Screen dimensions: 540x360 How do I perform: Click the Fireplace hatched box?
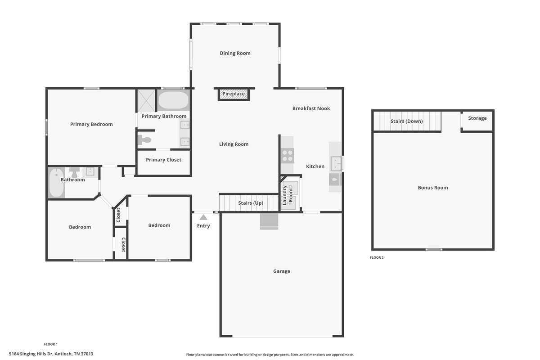pos(234,94)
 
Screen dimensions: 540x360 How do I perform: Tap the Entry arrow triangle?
pos(203,217)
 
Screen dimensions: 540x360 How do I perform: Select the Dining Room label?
pos(235,53)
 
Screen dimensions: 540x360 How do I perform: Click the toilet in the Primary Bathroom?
pos(144,139)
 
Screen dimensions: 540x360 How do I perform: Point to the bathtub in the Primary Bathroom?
pos(173,100)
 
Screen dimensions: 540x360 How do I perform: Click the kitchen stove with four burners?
pos(288,156)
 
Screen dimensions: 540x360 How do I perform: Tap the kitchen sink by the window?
pos(336,164)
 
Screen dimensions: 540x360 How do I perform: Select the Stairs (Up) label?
pos(251,203)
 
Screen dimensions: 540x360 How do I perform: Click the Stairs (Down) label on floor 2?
pos(407,121)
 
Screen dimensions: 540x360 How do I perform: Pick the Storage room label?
pos(477,118)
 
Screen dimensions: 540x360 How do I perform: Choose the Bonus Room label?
pos(433,188)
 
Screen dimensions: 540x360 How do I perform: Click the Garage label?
pos(282,271)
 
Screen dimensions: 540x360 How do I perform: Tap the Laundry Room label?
pos(288,195)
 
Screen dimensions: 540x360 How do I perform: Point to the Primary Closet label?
pos(163,160)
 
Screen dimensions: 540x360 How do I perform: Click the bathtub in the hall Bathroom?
pos(56,183)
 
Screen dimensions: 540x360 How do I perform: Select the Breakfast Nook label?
pos(311,108)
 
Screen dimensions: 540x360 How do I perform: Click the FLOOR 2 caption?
pos(377,257)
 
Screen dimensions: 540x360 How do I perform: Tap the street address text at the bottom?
pos(51,354)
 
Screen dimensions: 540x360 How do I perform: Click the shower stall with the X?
pos(146,100)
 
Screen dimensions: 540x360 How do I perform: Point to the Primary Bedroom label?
pos(91,124)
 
